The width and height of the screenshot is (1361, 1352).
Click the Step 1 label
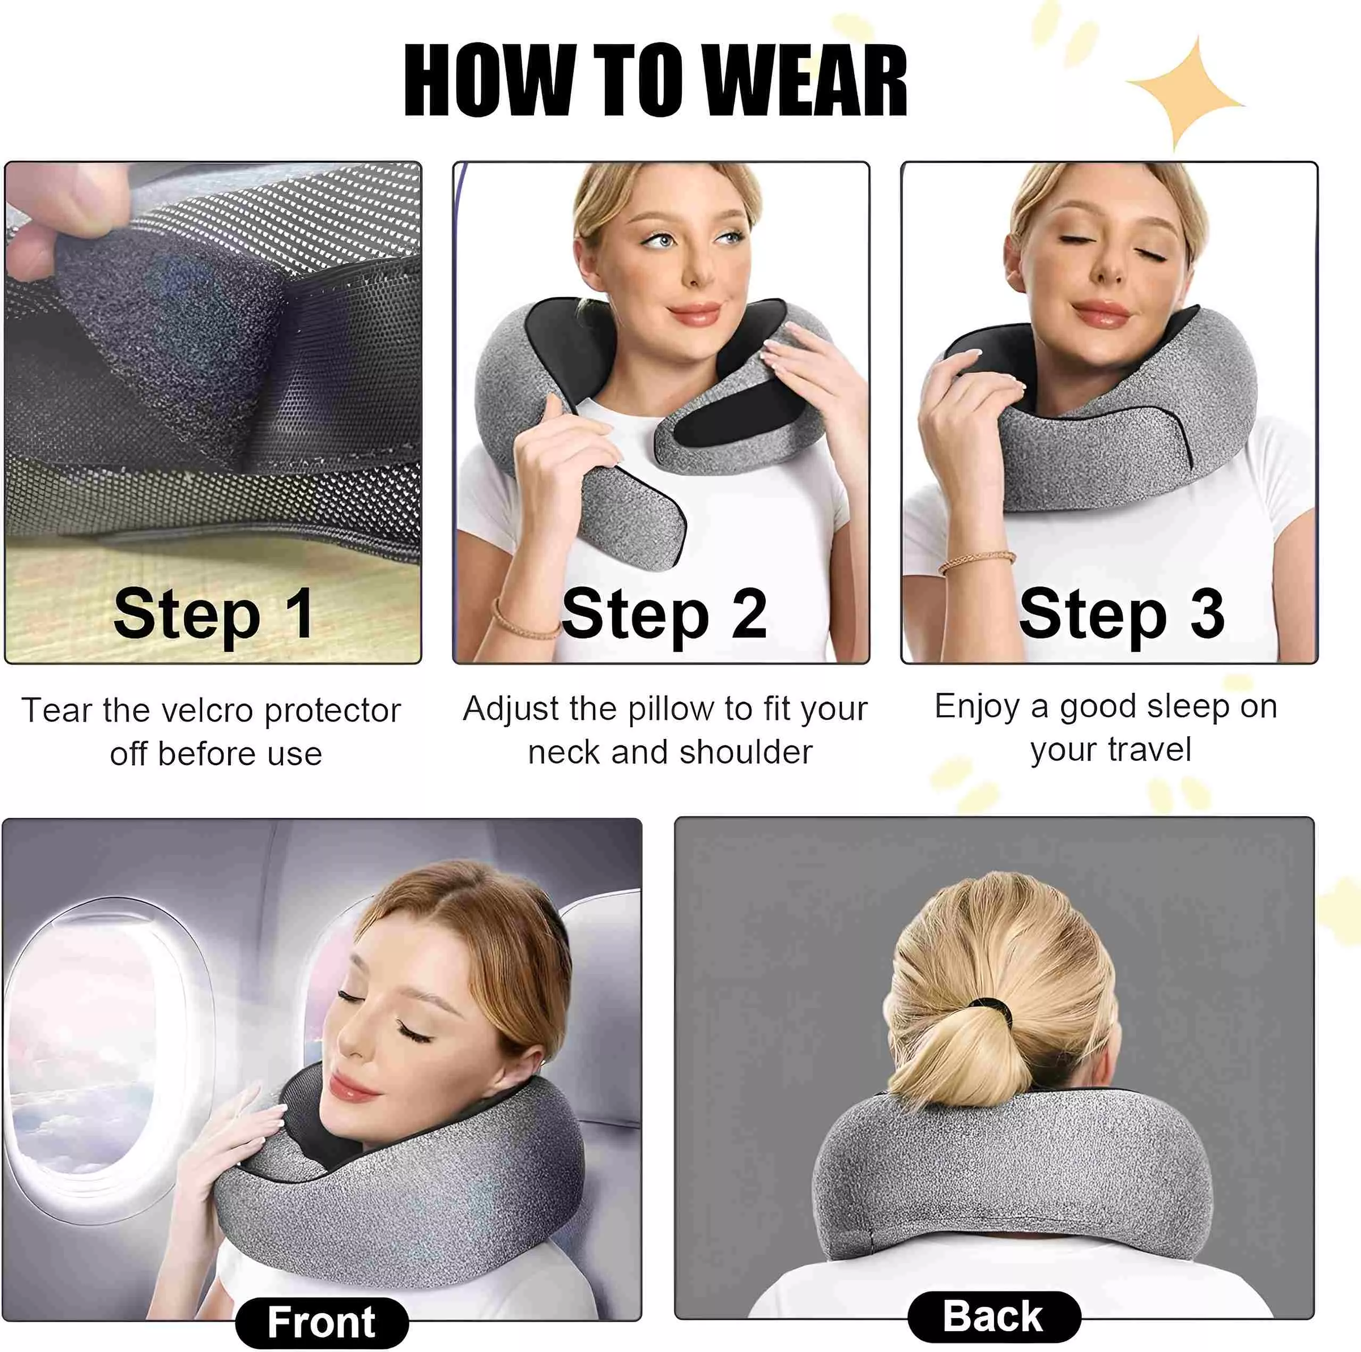pos(213,614)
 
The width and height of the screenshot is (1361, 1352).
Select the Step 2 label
pos(664,614)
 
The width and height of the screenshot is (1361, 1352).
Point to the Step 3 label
pos(1122,614)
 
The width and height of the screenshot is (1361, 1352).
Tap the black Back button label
pos(993,1315)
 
